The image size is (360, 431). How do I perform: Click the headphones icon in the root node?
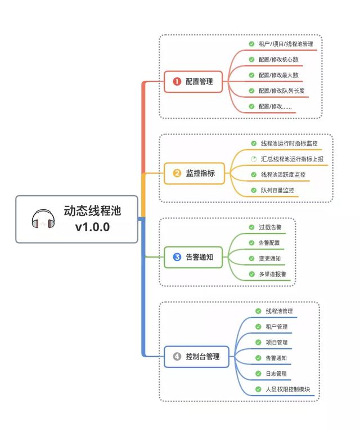[43, 219]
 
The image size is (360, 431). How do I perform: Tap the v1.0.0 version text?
[92, 227]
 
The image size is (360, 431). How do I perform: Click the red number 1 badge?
[177, 81]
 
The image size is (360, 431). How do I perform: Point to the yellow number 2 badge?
[177, 173]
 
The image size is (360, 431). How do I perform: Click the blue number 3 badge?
[177, 257]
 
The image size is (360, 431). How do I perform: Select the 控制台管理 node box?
[196, 356]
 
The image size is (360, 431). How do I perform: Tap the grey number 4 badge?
[177, 356]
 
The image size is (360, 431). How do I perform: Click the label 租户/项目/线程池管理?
[290, 43]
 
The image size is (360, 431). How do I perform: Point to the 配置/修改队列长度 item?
[281, 91]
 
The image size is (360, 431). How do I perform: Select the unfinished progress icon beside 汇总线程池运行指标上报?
[253, 159]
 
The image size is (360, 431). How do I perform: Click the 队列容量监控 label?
[277, 191]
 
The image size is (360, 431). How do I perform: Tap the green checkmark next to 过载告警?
[251, 227]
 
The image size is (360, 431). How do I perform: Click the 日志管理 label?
[276, 374]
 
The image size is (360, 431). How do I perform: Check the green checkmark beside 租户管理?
[258, 326]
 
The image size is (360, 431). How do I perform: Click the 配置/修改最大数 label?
[278, 75]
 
